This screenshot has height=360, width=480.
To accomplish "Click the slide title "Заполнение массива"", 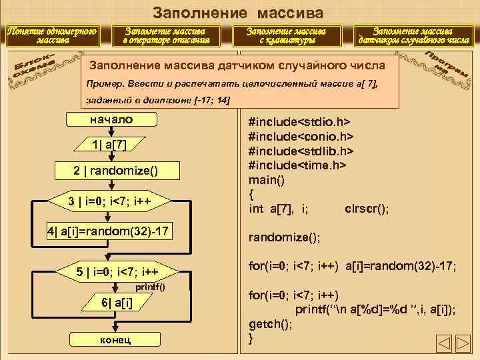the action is tap(238, 12).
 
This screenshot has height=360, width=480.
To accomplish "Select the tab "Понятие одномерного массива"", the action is tap(52, 35).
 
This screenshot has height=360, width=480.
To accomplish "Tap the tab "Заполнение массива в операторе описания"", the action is tap(166, 35).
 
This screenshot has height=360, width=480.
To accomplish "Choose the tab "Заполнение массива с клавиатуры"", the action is tap(287, 35).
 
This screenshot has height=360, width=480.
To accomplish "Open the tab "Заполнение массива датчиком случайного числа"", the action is tap(413, 35).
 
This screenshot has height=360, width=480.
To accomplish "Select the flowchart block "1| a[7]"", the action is tap(111, 145).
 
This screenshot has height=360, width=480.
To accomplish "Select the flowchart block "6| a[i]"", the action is tap(117, 303).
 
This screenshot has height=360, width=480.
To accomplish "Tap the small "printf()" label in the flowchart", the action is tap(150, 287).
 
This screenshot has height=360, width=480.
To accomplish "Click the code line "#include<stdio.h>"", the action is tap(299, 123).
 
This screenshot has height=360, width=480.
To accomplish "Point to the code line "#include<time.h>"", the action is tap(297, 165).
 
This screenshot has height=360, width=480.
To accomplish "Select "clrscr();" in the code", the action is tap(367, 209).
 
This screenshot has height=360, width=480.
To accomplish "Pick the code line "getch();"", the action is tap(270, 324).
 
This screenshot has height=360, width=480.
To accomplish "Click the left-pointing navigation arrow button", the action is tap(445, 344).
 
